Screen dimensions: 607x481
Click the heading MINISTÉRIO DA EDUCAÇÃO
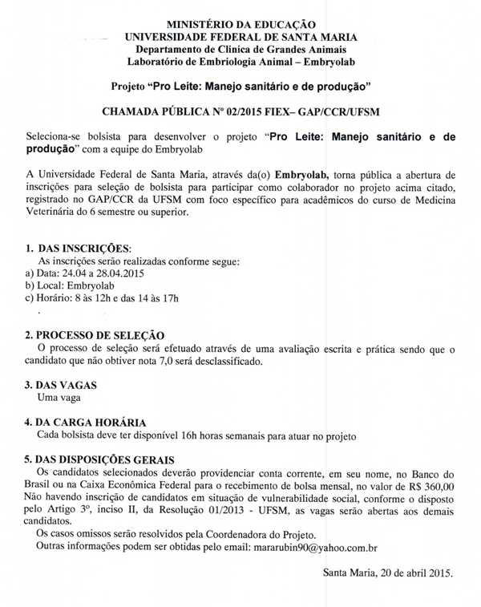pyautogui.click(x=240, y=24)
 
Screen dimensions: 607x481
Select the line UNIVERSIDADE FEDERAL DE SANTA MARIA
pyautogui.click(x=240, y=37)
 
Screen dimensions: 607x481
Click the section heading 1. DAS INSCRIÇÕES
pyautogui.click(x=78, y=249)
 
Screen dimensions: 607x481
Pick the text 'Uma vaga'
pyautogui.click(x=59, y=397)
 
